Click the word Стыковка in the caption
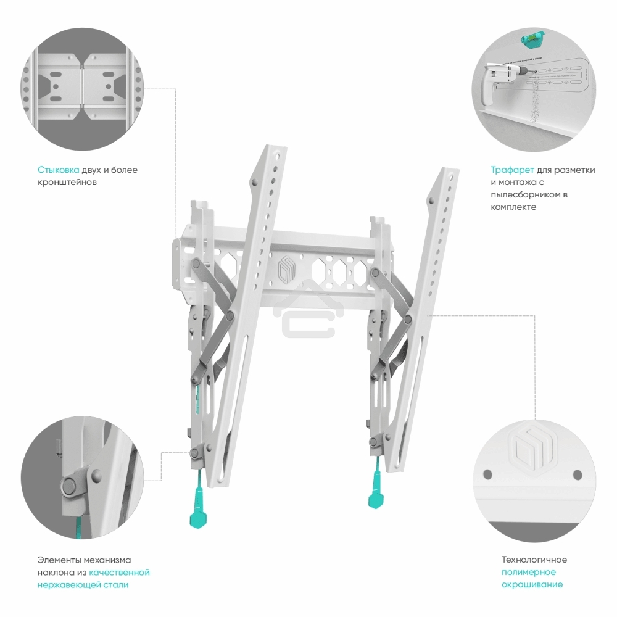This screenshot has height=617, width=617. point(58,170)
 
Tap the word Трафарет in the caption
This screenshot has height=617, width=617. point(512,170)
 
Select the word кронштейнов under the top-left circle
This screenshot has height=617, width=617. point(67,182)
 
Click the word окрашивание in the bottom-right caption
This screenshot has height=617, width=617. point(532,585)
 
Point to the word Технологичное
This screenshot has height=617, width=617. point(534,560)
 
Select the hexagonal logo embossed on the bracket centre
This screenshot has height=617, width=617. point(286,269)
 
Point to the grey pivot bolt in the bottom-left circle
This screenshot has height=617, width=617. point(68,486)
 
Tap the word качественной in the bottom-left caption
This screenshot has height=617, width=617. point(119,572)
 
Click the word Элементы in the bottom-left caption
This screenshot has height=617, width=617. point(59,560)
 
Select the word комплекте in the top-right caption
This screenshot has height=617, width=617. point(513,207)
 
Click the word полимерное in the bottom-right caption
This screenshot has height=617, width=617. point(529,572)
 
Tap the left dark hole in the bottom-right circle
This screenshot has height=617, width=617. point(487,474)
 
